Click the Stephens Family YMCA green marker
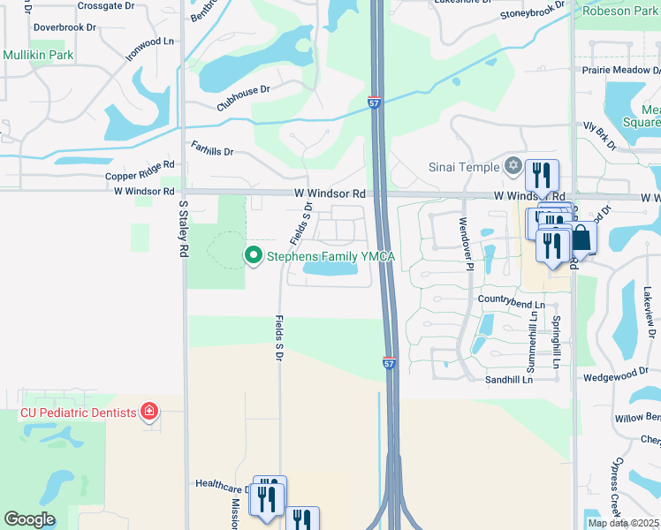(254, 257)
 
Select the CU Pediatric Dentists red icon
(149, 412)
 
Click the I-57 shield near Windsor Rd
(375, 103)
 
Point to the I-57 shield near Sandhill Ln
(390, 362)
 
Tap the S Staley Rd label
(184, 229)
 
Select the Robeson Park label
(618, 11)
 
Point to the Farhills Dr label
(212, 151)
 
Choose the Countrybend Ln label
(509, 299)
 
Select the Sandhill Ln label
(509, 379)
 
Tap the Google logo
(29, 519)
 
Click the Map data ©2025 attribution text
(623, 523)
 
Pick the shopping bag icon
(582, 238)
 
